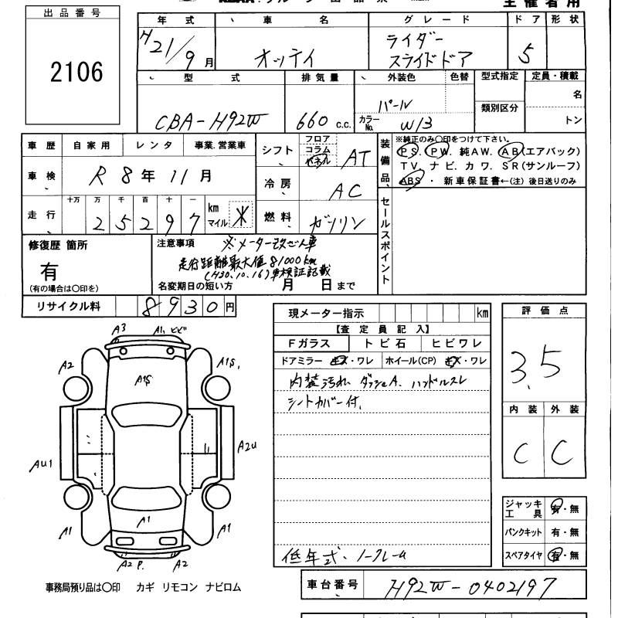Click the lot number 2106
(x=75, y=73)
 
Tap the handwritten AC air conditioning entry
(x=348, y=189)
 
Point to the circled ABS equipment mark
(x=411, y=181)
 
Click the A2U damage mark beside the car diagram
(x=247, y=446)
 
